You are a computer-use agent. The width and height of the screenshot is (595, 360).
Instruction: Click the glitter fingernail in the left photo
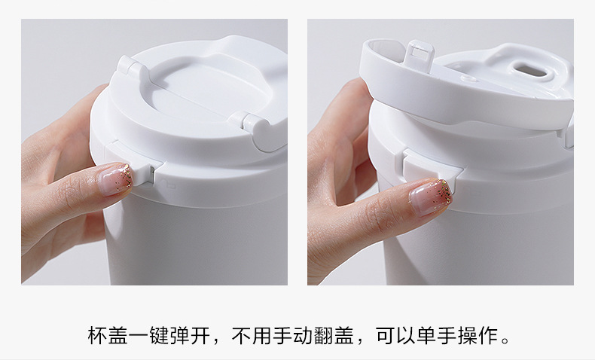coord(114,179)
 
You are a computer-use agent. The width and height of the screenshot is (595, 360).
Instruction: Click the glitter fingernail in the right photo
coord(430,197)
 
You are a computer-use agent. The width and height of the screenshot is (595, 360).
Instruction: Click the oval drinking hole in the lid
coord(529,70)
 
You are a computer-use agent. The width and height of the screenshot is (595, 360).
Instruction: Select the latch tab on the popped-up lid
coord(419,53)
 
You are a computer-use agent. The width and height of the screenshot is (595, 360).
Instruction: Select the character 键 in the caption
coord(159,335)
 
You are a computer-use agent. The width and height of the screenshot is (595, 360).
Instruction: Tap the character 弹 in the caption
coord(179,335)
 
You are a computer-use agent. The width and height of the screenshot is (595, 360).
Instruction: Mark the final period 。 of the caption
coord(505,340)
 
